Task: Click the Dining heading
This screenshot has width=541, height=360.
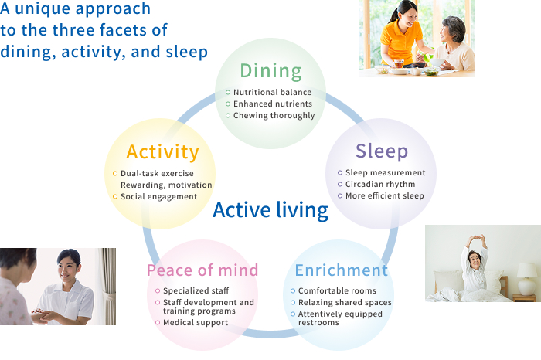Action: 270,71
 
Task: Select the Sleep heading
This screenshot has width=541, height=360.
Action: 382,151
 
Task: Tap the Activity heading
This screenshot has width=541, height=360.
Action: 162,151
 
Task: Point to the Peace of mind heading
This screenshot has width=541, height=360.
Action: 202,270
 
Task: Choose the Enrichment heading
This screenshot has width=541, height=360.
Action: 341,270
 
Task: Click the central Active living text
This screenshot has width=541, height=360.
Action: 270,210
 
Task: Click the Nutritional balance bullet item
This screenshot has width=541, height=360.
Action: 273,93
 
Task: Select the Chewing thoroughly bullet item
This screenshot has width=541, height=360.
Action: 274,116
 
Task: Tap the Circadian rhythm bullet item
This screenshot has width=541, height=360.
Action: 380,185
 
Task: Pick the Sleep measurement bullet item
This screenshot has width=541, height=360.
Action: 385,173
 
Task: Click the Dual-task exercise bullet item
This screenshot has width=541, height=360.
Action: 157,174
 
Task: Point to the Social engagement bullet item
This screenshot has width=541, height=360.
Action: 158,197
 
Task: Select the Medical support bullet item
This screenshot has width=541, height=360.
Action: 196,323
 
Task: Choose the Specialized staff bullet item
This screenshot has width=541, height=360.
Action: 196,291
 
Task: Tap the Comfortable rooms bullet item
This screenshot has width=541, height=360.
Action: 337,291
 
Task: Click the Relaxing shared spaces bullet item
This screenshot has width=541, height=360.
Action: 345,303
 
